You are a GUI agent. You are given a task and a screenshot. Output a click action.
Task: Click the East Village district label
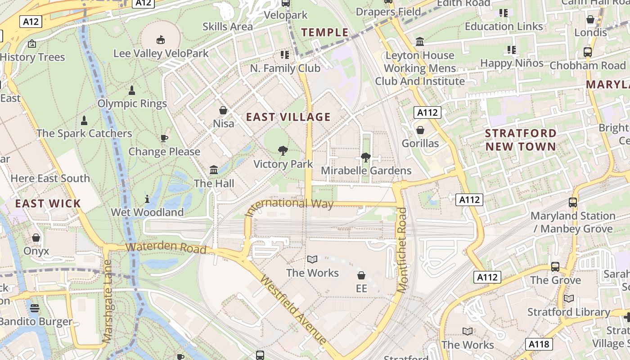(x=288, y=117)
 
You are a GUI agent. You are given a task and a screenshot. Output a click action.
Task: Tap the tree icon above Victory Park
(x=283, y=151)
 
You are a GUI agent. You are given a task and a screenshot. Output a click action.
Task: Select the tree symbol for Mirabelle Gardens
(x=365, y=157)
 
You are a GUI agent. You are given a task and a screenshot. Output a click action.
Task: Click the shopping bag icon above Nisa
(x=223, y=110)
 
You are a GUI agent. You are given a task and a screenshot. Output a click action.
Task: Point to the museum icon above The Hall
(x=214, y=170)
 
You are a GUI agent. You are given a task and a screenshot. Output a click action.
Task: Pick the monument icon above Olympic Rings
(x=132, y=90)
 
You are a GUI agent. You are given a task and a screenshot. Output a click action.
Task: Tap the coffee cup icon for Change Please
(x=164, y=138)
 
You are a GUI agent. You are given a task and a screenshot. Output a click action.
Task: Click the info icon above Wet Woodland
(x=147, y=198)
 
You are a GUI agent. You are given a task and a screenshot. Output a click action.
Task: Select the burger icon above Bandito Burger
(x=35, y=308)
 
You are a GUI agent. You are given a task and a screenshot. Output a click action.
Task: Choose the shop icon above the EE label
(x=361, y=275)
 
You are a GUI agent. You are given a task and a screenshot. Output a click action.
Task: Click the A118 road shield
(x=539, y=345)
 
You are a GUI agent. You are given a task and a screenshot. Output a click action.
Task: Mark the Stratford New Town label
(x=521, y=140)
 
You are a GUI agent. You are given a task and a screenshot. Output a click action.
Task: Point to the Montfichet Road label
(x=402, y=250)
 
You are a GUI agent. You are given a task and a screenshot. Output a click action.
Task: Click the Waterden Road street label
(x=166, y=248)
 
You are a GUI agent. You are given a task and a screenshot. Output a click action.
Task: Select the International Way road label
(x=290, y=205)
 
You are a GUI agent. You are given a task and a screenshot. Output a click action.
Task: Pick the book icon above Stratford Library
(x=569, y=298)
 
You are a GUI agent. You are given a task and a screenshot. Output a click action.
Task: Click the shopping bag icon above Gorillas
(x=420, y=130)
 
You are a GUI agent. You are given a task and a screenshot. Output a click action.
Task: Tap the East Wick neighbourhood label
(x=48, y=203)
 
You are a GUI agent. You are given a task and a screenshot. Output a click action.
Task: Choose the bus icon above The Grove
(x=555, y=267)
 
